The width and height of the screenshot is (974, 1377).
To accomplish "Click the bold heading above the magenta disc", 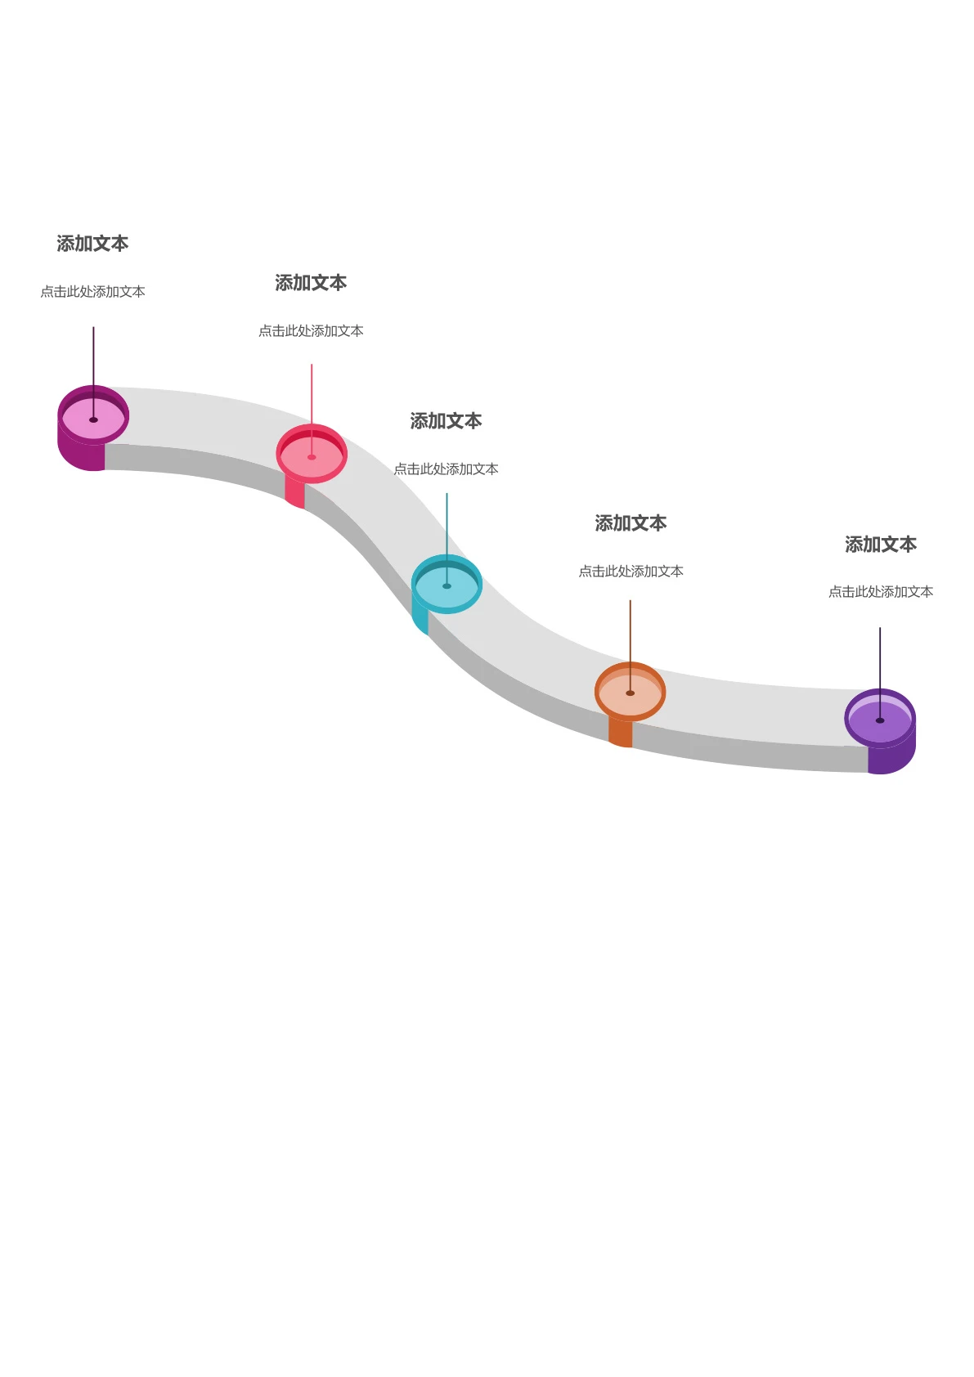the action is click(x=92, y=244).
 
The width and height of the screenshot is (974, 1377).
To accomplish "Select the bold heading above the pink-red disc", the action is click(x=311, y=283).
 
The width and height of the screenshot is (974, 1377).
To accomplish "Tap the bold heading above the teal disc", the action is click(x=446, y=421).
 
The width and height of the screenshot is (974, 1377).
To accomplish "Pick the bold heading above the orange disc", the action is click(x=631, y=523).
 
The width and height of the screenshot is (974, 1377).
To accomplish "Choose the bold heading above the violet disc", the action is click(x=881, y=544).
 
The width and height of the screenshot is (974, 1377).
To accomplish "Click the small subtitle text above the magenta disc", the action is click(x=93, y=291).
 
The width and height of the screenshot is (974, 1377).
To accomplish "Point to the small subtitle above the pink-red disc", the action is click(x=311, y=330).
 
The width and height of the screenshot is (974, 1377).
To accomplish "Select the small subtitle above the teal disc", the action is click(x=446, y=469).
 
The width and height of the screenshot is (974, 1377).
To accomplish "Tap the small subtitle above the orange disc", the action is click(x=631, y=571).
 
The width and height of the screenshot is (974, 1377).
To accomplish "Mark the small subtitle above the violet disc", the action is click(x=881, y=591).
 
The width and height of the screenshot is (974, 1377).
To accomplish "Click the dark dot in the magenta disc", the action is click(x=93, y=419).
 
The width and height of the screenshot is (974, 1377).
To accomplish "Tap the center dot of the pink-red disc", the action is click(x=312, y=457).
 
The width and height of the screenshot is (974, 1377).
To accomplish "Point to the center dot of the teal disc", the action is click(x=447, y=585).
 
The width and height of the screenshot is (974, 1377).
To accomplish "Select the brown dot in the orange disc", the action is click(x=631, y=693).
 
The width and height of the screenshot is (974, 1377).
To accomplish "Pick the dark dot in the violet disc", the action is click(x=880, y=720).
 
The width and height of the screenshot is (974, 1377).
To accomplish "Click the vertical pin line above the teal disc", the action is click(x=447, y=539).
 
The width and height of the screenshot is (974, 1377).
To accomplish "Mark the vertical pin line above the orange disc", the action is click(x=631, y=646).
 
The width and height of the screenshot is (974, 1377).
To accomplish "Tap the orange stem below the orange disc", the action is click(x=621, y=732).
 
